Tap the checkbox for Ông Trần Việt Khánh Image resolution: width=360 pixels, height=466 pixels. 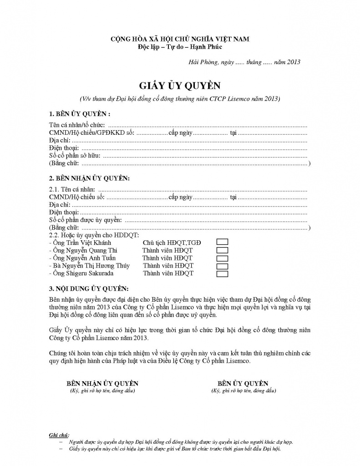[222, 243]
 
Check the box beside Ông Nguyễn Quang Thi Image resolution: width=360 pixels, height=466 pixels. [222, 250]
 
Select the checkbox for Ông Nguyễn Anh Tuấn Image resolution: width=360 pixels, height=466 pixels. [222, 258]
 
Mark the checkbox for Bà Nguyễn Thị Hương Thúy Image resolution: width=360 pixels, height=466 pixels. [222, 266]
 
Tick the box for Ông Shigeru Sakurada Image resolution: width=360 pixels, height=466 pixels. [222, 274]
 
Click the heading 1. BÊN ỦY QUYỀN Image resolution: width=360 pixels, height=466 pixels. [80, 113]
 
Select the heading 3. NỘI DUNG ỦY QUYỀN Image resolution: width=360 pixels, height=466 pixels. [89, 289]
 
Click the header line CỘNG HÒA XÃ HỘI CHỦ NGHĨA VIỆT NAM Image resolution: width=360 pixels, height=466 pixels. [180, 39]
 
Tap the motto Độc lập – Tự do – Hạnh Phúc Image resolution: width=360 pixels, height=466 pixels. [180, 46]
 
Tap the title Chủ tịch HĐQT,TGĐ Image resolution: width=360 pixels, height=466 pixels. [172, 243]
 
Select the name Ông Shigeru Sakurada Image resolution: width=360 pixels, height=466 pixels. [83, 274]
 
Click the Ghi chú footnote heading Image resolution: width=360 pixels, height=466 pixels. [59, 435]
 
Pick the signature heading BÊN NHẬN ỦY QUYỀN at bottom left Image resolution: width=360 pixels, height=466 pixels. [102, 383]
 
